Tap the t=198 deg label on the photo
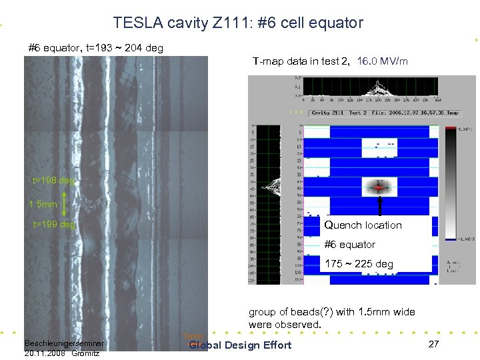pos(54,180)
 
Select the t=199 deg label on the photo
pos(54,225)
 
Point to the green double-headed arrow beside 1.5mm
pos(64,203)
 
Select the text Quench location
pos(363,225)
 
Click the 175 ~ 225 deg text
pos(359,264)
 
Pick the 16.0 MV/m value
pos(383,61)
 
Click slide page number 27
pos(433,344)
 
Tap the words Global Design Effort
pos(240,345)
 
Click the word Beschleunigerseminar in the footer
pos(62,343)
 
